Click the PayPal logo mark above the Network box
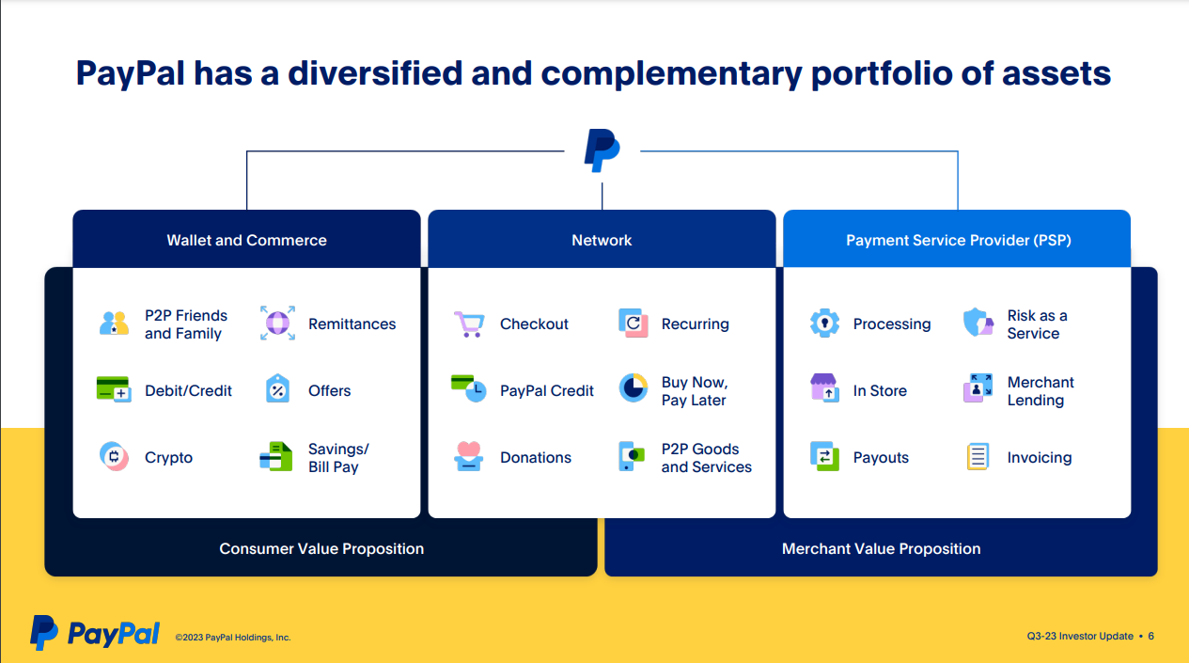pos(602,150)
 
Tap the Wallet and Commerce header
pos(246,240)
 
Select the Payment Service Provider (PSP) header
pos(958,240)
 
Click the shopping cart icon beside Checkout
pos(468,324)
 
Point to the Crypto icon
pos(114,457)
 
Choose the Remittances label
pos(352,324)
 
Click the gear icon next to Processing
pos(824,324)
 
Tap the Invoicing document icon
pos(978,457)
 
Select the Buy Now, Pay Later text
pos(694,391)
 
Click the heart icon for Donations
pos(468,456)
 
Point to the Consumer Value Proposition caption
pos(321,548)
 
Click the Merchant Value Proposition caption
pos(881,548)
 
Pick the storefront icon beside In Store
pos(824,389)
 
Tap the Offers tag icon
pos(277,389)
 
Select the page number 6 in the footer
pos(1150,637)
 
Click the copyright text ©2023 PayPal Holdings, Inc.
pos(233,638)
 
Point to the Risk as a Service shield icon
pos(978,324)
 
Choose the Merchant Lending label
pos(1040,391)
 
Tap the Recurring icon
pos(634,324)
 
